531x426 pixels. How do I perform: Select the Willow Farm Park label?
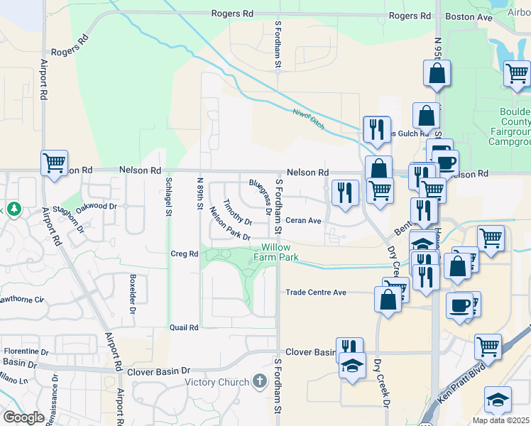(276, 253)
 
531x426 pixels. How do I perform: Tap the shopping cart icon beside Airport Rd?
(54, 163)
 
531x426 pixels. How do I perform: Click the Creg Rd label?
(183, 253)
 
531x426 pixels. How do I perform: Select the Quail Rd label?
(183, 327)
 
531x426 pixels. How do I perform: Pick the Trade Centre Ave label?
(315, 292)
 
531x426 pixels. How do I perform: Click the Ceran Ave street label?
(304, 220)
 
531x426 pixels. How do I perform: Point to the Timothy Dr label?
(233, 212)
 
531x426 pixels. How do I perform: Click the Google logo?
(23, 417)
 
